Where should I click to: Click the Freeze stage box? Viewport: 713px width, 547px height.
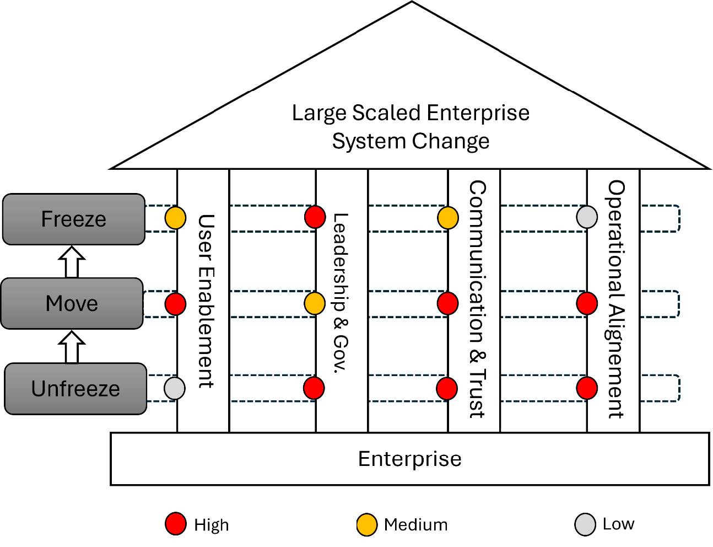(74, 219)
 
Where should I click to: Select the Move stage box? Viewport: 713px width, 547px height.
(72, 303)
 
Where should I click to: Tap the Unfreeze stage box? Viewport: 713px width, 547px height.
(75, 388)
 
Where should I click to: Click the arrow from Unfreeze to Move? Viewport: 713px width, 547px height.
(72, 347)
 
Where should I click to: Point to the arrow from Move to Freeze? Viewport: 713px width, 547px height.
(72, 262)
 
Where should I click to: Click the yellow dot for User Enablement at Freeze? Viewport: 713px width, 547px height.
(175, 218)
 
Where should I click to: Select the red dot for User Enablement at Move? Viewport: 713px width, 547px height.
(175, 304)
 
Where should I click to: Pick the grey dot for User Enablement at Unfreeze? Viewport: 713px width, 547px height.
(175, 388)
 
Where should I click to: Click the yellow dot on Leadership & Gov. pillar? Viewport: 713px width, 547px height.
(315, 303)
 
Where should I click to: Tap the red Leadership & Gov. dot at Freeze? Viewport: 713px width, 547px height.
(315, 217)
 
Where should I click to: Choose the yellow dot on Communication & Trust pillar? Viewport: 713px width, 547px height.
(448, 217)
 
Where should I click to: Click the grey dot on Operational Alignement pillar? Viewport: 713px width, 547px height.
(587, 217)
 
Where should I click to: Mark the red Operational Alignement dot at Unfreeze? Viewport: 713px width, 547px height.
(587, 388)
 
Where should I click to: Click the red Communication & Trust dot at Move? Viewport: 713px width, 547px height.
(447, 303)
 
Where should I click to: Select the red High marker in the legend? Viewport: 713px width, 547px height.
(176, 524)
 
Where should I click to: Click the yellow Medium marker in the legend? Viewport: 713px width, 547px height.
(367, 524)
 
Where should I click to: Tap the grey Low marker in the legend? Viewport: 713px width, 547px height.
(585, 524)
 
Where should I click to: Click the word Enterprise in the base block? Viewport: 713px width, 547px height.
(409, 459)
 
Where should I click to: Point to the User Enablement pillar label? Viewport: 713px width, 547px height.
(205, 301)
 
